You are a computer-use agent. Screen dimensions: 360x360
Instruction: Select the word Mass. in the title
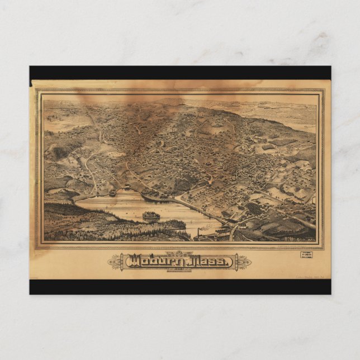[x=210, y=260]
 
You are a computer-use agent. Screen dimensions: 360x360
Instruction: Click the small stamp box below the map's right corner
[x=307, y=255]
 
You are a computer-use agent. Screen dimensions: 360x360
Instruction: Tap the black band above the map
[x=180, y=73]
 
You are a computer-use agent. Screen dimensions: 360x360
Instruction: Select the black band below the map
[x=180, y=287]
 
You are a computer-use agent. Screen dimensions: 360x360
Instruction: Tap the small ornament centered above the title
[x=180, y=253]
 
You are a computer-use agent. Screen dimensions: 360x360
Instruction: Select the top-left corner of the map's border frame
[x=37, y=91]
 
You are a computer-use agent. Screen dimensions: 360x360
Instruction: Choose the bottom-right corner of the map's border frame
[x=323, y=248]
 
